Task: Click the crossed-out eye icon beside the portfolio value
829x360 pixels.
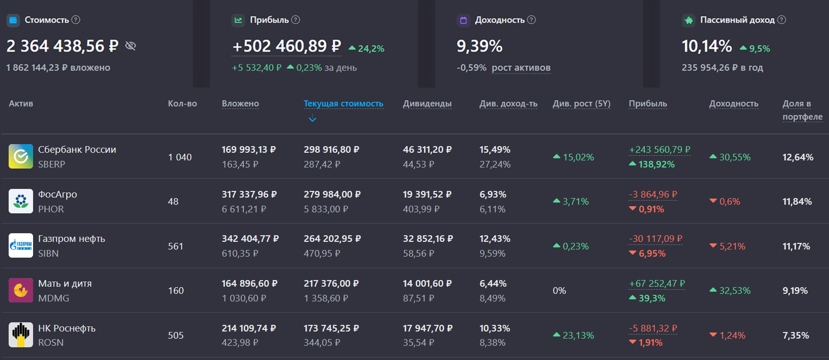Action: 131,46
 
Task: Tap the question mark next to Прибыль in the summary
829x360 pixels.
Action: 295,20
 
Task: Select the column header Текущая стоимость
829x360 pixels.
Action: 344,103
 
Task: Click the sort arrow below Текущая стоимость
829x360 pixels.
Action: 312,118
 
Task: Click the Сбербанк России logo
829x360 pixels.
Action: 21,156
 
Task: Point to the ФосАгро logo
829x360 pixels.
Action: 21,201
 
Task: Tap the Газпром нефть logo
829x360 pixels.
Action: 21,245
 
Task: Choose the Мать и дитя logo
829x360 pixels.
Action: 21,290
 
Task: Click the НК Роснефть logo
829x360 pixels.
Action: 21,335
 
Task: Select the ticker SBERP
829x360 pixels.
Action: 51,164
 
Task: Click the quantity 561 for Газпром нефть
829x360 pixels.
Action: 176,246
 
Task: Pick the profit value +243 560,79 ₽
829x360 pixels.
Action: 660,150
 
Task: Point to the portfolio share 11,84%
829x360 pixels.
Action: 797,202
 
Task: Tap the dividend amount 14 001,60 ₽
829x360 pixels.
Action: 427,283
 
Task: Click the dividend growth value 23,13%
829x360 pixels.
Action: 578,335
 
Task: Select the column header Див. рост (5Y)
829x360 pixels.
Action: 581,103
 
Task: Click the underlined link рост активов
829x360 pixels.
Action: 521,67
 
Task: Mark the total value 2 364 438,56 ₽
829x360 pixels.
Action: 63,46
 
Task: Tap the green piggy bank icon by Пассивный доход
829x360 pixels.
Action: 689,20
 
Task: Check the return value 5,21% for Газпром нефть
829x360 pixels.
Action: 732,246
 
